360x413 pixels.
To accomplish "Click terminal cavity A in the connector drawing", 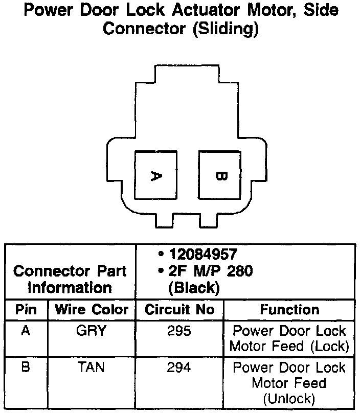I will click(155, 175).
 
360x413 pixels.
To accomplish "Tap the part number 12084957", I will click(204, 255).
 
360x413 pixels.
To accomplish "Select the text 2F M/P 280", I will click(210, 271).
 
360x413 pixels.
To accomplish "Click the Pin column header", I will click(26, 310).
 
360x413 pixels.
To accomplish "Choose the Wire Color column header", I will click(92, 310).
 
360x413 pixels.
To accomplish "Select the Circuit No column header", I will click(179, 310).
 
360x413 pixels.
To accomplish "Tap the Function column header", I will click(289, 310).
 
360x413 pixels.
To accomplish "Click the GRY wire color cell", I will click(91, 331).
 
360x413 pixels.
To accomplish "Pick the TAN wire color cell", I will click(91, 368).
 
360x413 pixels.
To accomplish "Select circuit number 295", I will click(179, 331).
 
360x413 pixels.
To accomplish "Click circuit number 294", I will click(179, 368).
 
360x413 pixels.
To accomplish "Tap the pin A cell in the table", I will click(26, 331).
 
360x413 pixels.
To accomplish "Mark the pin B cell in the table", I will click(26, 368).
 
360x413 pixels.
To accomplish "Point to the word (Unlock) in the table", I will click(289, 398).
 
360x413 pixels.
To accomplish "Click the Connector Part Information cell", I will click(70, 279).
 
